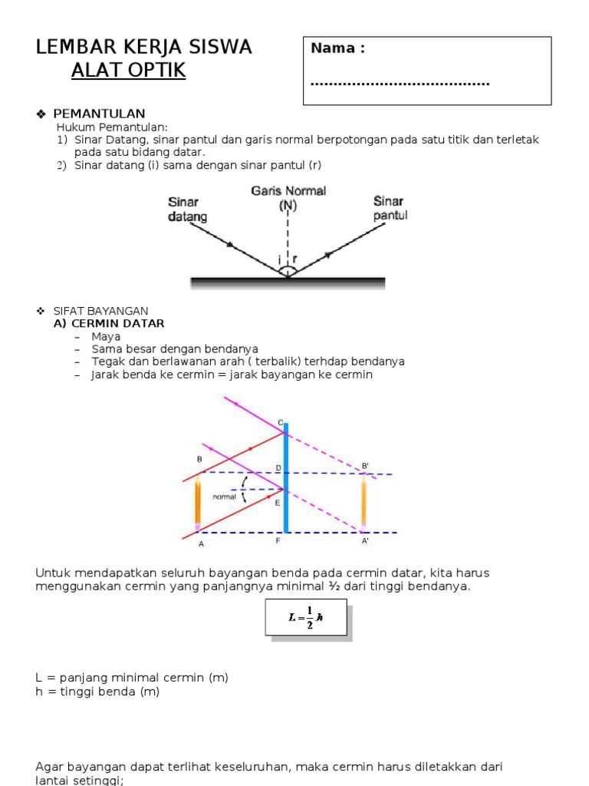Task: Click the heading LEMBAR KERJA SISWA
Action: (x=143, y=48)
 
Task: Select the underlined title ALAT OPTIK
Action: (x=129, y=71)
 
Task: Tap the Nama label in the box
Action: (x=337, y=48)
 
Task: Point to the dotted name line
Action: (x=400, y=83)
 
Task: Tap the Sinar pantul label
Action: (x=390, y=208)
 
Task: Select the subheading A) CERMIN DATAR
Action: (x=109, y=324)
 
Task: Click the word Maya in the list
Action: (x=106, y=336)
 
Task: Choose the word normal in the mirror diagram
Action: (x=224, y=497)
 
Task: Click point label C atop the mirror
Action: (x=281, y=423)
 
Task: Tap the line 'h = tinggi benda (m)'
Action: (x=98, y=692)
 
